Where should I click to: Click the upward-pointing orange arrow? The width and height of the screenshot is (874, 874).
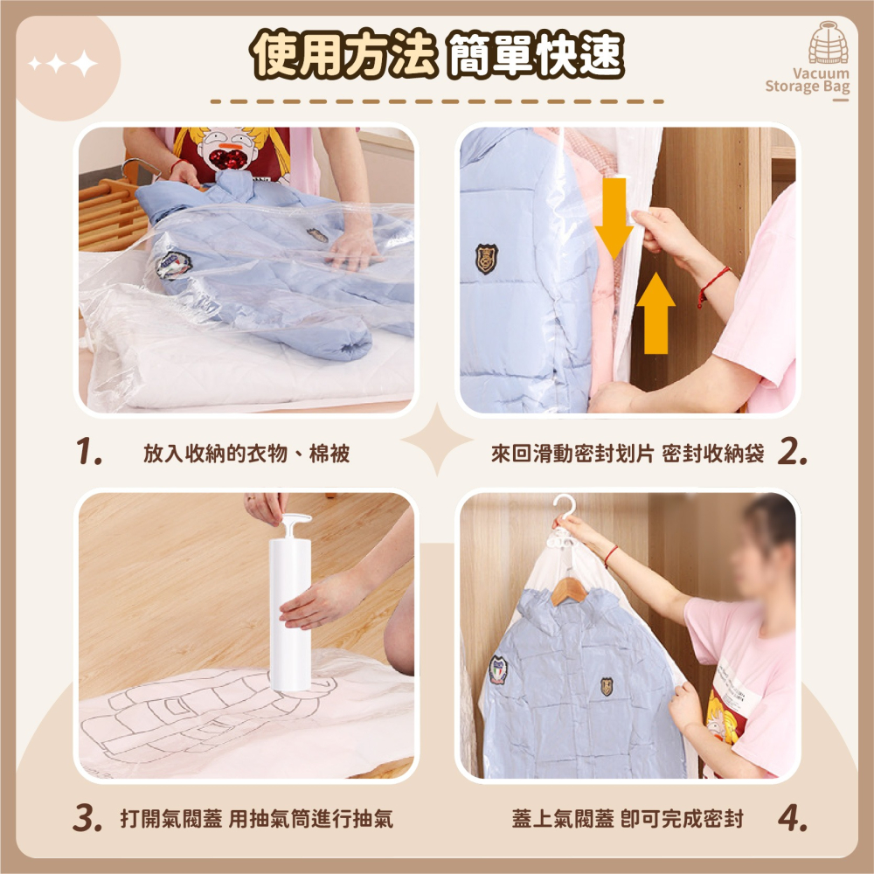click(x=655, y=313)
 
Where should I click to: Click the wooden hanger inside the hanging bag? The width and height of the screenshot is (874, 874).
click(x=569, y=592)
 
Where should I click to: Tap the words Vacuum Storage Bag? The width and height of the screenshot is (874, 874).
click(x=808, y=80)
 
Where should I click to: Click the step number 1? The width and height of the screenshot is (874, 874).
click(x=88, y=451)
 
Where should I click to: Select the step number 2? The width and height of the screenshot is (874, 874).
click(x=792, y=451)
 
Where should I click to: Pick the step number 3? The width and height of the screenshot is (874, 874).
click(x=87, y=818)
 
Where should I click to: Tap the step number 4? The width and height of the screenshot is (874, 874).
click(x=792, y=818)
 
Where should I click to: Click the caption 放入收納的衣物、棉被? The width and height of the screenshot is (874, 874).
click(x=246, y=453)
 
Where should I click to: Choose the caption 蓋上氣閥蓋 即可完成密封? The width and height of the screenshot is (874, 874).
click(x=628, y=819)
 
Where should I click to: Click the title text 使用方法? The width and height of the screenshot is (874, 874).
click(x=343, y=53)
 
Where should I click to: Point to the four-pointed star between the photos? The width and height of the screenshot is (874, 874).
click(x=437, y=440)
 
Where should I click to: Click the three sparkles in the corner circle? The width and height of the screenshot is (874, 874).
click(x=63, y=63)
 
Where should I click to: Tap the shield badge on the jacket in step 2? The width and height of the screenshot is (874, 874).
click(x=486, y=259)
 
